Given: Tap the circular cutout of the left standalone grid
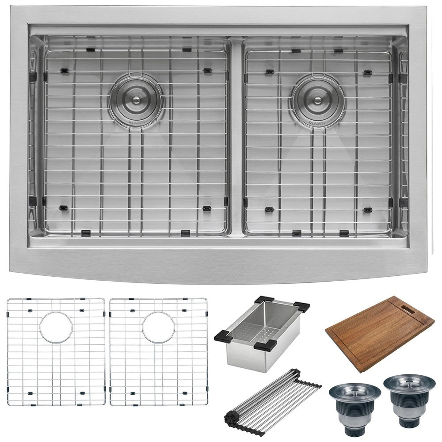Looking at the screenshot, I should pos(56,327).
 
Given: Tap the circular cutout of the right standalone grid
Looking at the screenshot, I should pos(158,327).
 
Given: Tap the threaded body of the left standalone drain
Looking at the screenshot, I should pos(354,413).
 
